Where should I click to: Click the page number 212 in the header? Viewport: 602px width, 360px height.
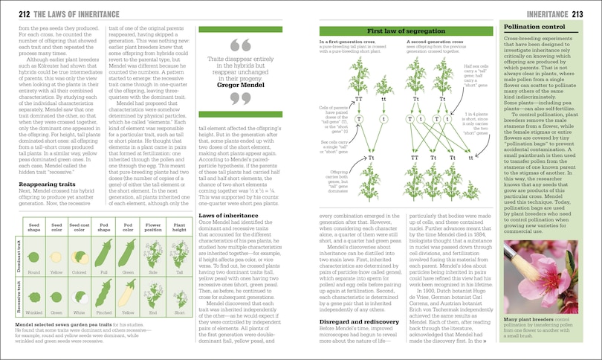point(16,14)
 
